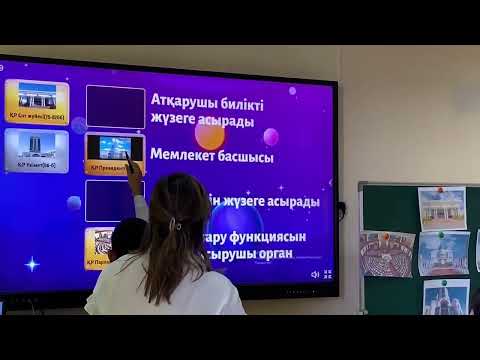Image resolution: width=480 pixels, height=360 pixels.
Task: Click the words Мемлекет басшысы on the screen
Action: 212,156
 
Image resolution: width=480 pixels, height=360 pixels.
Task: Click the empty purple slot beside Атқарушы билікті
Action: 115,105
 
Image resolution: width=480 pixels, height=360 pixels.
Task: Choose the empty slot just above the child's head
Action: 115,199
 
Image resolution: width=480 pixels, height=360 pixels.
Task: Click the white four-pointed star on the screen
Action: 32,264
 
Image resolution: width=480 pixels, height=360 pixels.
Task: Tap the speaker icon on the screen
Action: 315,274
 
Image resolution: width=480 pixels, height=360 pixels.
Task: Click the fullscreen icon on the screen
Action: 327,274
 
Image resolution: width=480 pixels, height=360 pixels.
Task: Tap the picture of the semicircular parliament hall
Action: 386,255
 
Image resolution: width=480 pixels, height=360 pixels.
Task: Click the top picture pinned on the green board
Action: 441,208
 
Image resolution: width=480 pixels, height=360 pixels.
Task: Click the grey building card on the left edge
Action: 36,150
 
